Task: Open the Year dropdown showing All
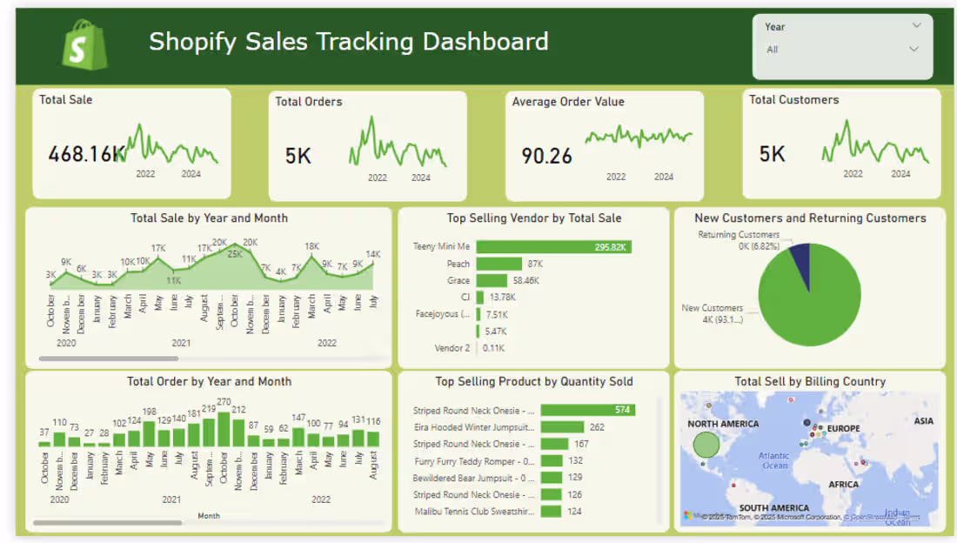(x=841, y=50)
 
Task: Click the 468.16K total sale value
(x=86, y=155)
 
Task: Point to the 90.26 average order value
(x=546, y=156)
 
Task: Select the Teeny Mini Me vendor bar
(x=553, y=247)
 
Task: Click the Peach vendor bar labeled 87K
(x=499, y=264)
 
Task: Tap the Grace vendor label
(x=458, y=281)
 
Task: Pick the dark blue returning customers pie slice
(x=800, y=253)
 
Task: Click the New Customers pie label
(x=712, y=308)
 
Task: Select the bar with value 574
(x=587, y=410)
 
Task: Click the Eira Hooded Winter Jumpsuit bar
(x=562, y=427)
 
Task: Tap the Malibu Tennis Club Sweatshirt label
(x=473, y=512)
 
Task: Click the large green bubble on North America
(x=706, y=445)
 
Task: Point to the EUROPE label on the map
(x=843, y=428)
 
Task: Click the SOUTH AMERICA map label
(x=773, y=508)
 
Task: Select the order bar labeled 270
(x=224, y=429)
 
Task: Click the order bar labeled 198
(x=150, y=433)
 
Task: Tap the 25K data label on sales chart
(x=235, y=254)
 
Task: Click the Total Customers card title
(x=793, y=100)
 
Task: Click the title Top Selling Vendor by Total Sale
(x=533, y=218)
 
